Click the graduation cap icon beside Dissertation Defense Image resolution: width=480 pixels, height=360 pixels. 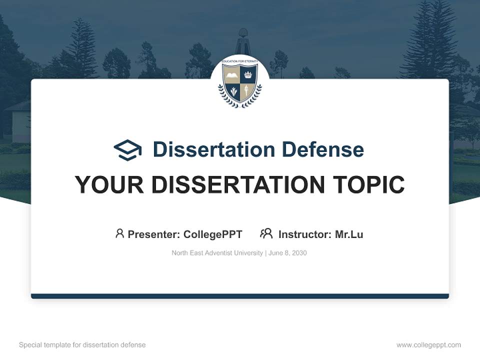pyautogui.click(x=128, y=150)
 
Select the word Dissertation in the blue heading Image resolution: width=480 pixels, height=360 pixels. pyautogui.click(x=214, y=149)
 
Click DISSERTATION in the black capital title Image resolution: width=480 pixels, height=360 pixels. pyautogui.click(x=233, y=185)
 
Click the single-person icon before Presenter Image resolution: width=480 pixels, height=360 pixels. pyautogui.click(x=119, y=233)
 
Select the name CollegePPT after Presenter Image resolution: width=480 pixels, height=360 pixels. pyautogui.click(x=213, y=234)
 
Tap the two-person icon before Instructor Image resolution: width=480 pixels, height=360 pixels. pyautogui.click(x=266, y=233)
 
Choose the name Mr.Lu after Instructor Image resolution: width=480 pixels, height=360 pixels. pyautogui.click(x=349, y=234)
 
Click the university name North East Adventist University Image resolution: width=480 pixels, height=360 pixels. pyautogui.click(x=217, y=253)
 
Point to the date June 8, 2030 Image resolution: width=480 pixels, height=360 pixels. pyautogui.click(x=287, y=253)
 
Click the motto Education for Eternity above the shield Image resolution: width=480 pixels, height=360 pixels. pyautogui.click(x=240, y=62)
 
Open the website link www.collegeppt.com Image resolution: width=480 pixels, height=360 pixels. pyautogui.click(x=428, y=345)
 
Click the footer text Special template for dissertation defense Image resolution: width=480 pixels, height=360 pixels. pyautogui.click(x=82, y=345)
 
